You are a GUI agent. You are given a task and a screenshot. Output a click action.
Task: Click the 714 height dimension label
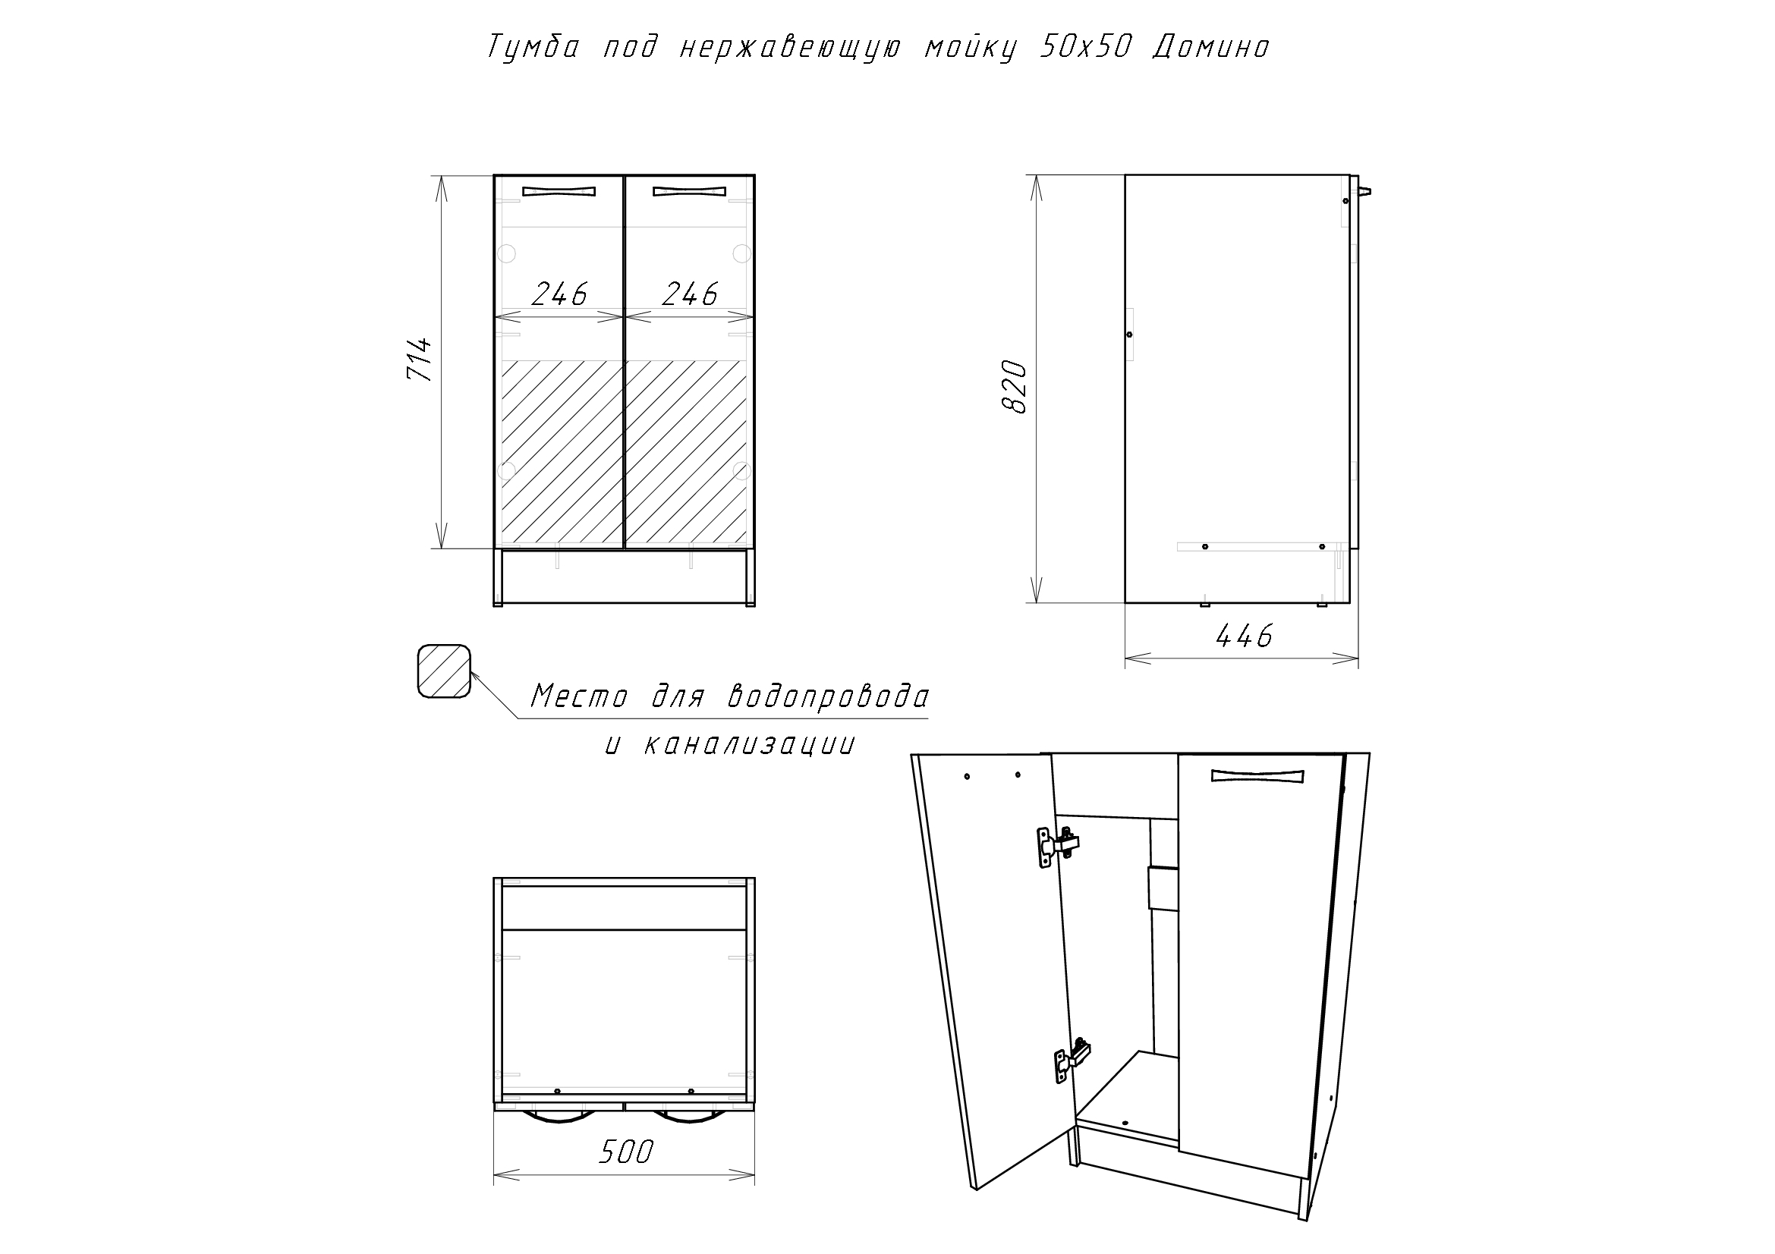[x=419, y=360]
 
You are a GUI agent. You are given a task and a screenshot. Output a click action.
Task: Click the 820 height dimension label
[x=1014, y=386]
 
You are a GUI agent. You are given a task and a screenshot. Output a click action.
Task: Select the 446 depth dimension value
[x=1244, y=636]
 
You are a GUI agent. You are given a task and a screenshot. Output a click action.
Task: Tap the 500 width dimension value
[x=626, y=1152]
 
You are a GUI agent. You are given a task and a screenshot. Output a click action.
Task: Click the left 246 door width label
[x=560, y=294]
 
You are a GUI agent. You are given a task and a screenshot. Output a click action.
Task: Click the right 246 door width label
[x=691, y=294]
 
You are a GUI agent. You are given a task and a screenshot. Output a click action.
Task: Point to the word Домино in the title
[x=1211, y=48]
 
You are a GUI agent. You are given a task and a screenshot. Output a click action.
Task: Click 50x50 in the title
[x=1085, y=47]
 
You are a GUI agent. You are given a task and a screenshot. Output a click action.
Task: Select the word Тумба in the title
[x=533, y=48]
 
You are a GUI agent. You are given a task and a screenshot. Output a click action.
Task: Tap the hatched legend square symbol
[x=444, y=671]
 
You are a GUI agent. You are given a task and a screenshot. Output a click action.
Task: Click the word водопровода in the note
[x=828, y=697]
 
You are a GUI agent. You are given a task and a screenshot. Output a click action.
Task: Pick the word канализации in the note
[x=749, y=745]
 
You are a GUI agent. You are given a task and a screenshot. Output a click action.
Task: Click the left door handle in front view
[x=559, y=191]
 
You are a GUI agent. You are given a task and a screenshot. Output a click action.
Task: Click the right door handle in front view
[x=690, y=191]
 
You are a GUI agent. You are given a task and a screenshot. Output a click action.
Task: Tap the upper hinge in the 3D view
[x=1057, y=847]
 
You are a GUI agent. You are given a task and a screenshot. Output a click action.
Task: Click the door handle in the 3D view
[x=1257, y=776]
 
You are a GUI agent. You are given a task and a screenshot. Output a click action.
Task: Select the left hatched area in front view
[x=563, y=454]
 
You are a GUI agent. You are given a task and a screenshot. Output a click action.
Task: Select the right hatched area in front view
[x=686, y=454]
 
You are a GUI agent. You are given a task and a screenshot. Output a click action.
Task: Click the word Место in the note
[x=580, y=697]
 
